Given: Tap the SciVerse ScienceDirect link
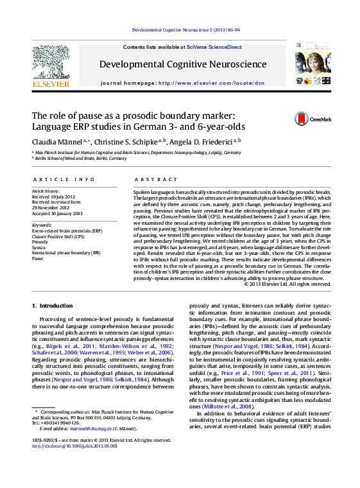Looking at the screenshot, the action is pos(214,48).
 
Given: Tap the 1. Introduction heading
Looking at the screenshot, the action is pos(53,306).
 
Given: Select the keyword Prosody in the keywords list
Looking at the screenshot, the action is pos(40,241).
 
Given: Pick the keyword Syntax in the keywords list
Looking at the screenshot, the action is pos(39,247).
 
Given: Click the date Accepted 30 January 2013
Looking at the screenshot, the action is pos(58,213).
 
